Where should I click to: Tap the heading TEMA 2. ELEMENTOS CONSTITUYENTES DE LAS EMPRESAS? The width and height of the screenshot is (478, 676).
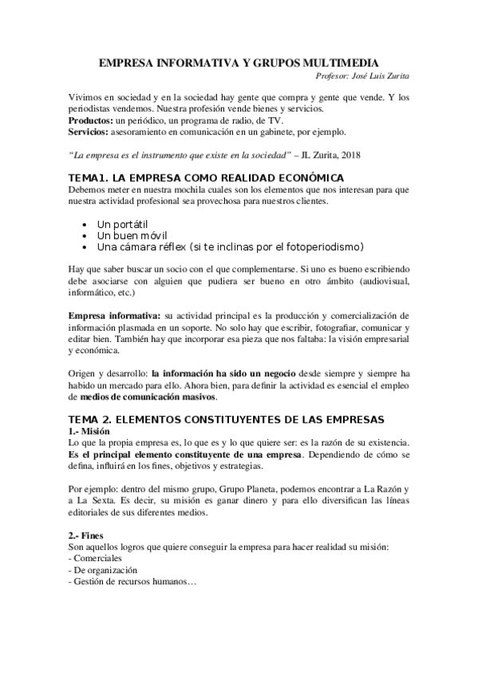click(x=227, y=419)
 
